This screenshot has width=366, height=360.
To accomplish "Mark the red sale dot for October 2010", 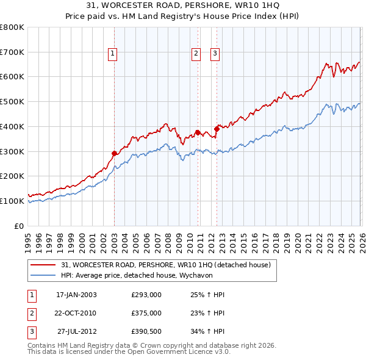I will (198, 132).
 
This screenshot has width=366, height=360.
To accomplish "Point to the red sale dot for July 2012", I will (217, 129).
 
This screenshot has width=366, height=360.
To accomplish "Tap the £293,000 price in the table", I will (146, 294).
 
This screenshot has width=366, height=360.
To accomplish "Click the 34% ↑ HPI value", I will (203, 332).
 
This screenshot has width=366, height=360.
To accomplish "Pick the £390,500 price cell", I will (146, 332).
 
